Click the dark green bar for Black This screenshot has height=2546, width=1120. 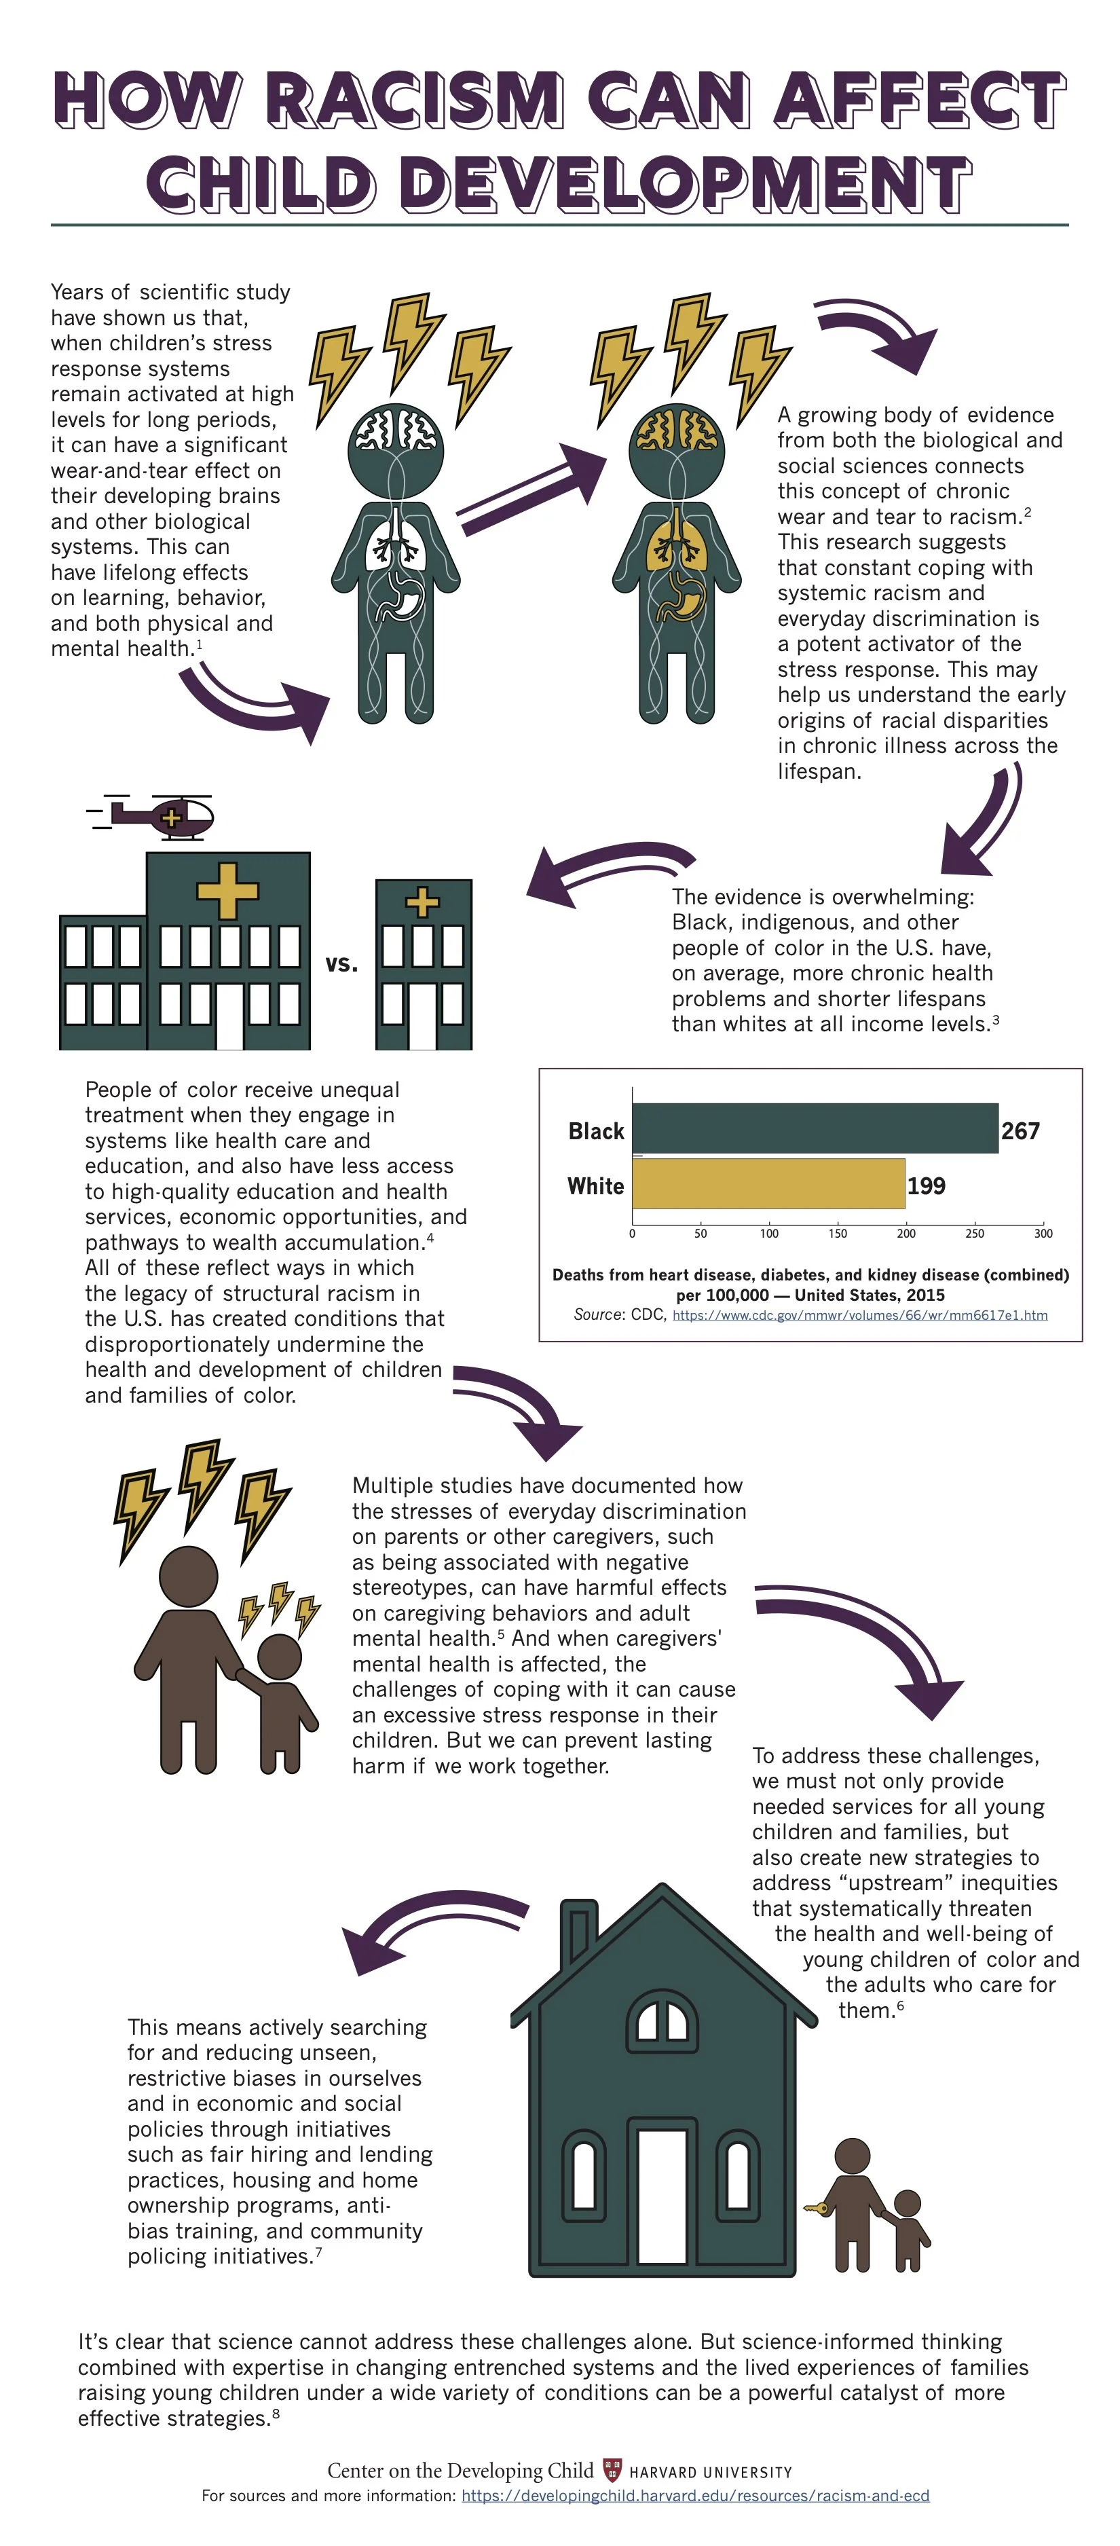815,1128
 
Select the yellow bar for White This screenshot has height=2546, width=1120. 768,1184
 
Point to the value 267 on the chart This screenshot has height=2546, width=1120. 1020,1130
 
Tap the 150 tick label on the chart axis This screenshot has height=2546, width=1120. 837,1234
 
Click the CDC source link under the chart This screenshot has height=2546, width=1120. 859,1316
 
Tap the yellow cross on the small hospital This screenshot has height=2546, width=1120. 423,902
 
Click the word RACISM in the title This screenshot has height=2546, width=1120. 415,99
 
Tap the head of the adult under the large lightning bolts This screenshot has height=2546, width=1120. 189,1575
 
